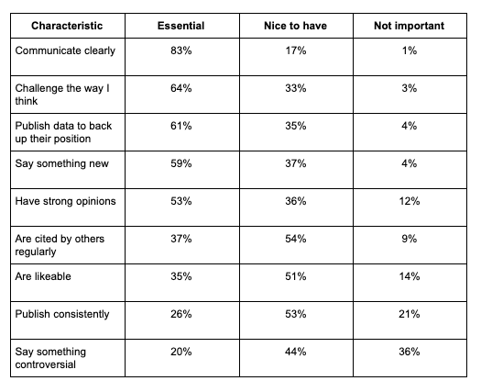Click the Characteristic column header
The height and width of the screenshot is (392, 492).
[67, 26]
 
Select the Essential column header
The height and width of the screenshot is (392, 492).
[181, 26]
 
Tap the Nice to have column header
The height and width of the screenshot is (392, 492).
[296, 26]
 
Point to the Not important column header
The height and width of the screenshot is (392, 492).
[410, 26]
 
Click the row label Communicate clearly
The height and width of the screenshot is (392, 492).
[65, 50]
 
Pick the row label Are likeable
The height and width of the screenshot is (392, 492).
[43, 276]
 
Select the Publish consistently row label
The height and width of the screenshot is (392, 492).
[62, 314]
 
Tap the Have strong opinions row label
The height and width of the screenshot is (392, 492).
[65, 201]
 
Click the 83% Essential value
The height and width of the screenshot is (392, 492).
[181, 50]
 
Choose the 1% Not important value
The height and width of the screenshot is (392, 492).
[410, 50]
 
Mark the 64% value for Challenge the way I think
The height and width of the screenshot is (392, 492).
[181, 88]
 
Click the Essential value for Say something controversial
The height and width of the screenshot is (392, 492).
[181, 352]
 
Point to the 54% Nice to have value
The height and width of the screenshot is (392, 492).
[296, 239]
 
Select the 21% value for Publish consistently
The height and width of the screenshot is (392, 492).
[410, 314]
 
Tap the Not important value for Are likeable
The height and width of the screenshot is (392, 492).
[410, 276]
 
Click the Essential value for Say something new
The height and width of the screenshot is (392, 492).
[181, 163]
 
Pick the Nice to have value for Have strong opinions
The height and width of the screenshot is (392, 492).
[296, 201]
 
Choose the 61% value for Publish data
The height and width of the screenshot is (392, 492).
[181, 126]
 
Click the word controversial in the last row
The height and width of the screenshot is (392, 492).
[46, 364]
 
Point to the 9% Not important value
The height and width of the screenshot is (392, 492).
[410, 239]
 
